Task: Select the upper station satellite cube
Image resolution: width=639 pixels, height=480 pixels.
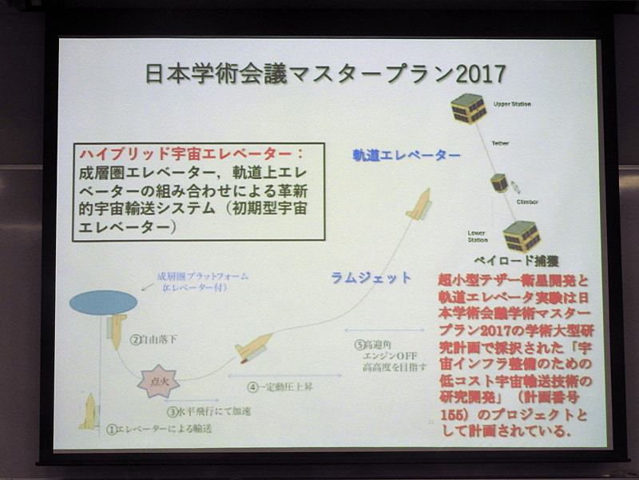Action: click(x=468, y=107)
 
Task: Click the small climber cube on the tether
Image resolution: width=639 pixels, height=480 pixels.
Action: click(x=499, y=182)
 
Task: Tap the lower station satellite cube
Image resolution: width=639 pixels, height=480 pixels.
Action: click(x=522, y=235)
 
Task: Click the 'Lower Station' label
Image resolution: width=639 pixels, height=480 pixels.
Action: click(x=478, y=237)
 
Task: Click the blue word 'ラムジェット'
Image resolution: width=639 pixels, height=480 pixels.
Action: click(x=371, y=278)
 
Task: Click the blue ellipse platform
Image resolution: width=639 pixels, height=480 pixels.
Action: click(x=104, y=302)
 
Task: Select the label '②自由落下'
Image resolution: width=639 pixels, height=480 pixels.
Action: click(x=155, y=339)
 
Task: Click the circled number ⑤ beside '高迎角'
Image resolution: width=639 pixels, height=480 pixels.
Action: click(x=359, y=345)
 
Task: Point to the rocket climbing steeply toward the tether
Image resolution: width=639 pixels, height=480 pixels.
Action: click(x=419, y=204)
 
